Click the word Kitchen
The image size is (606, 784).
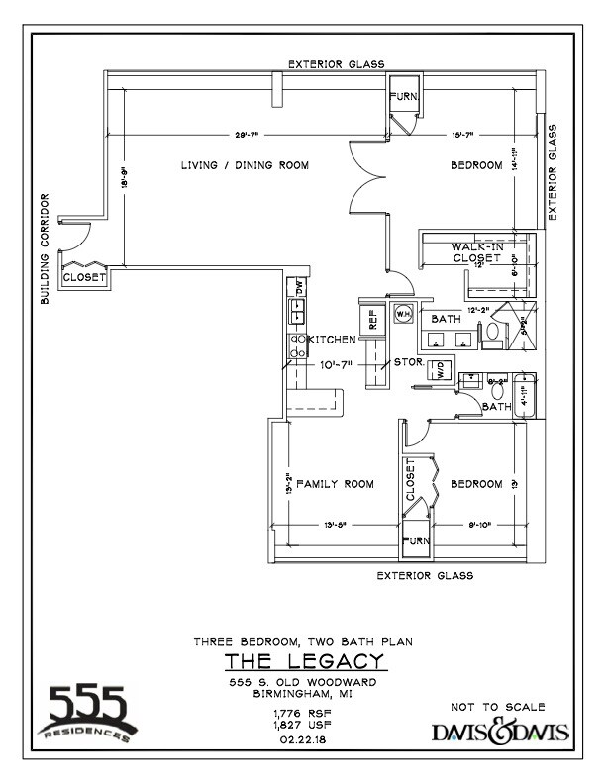click(332, 340)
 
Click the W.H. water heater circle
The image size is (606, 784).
click(403, 314)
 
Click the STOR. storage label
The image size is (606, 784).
click(410, 362)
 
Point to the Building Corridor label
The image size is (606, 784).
click(45, 248)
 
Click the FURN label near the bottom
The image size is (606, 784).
click(417, 540)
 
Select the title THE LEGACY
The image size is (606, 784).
click(303, 661)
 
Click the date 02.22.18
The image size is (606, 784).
click(303, 738)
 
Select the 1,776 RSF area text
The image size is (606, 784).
click(303, 713)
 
